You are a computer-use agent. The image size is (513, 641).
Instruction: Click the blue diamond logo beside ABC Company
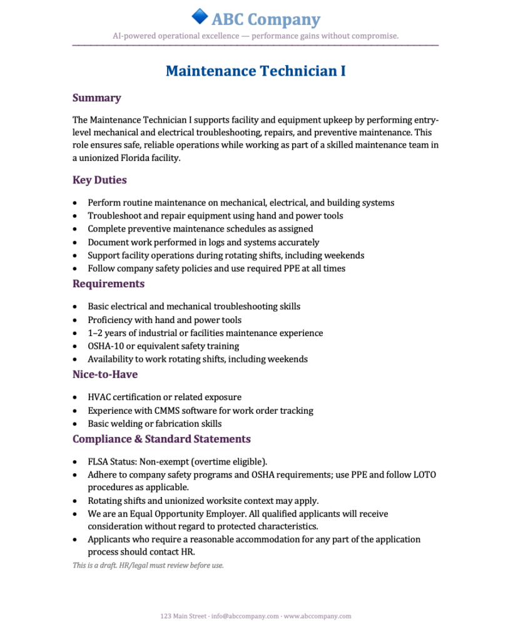coord(200,17)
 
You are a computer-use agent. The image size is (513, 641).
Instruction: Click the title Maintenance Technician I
coord(256,71)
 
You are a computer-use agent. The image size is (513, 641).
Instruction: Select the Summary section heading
coord(96,98)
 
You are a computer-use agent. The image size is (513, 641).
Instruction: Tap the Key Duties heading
coord(99,180)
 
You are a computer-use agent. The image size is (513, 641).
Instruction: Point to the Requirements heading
coord(108,284)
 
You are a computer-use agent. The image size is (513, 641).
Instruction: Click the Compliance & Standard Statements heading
coord(161,439)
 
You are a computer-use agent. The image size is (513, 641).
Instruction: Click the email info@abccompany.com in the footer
coord(245,617)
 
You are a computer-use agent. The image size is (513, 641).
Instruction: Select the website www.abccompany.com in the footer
coord(317,617)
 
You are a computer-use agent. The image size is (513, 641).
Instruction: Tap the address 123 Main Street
coord(183,617)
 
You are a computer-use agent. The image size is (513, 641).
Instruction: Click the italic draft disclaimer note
coord(148,565)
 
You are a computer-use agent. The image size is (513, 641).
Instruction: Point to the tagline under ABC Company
coord(255,36)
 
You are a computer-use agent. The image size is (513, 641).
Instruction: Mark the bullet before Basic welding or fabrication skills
coord(76,424)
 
